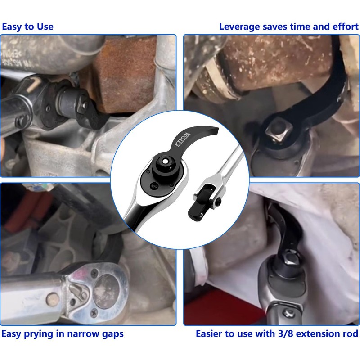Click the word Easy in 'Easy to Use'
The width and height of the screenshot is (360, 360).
(12, 27)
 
